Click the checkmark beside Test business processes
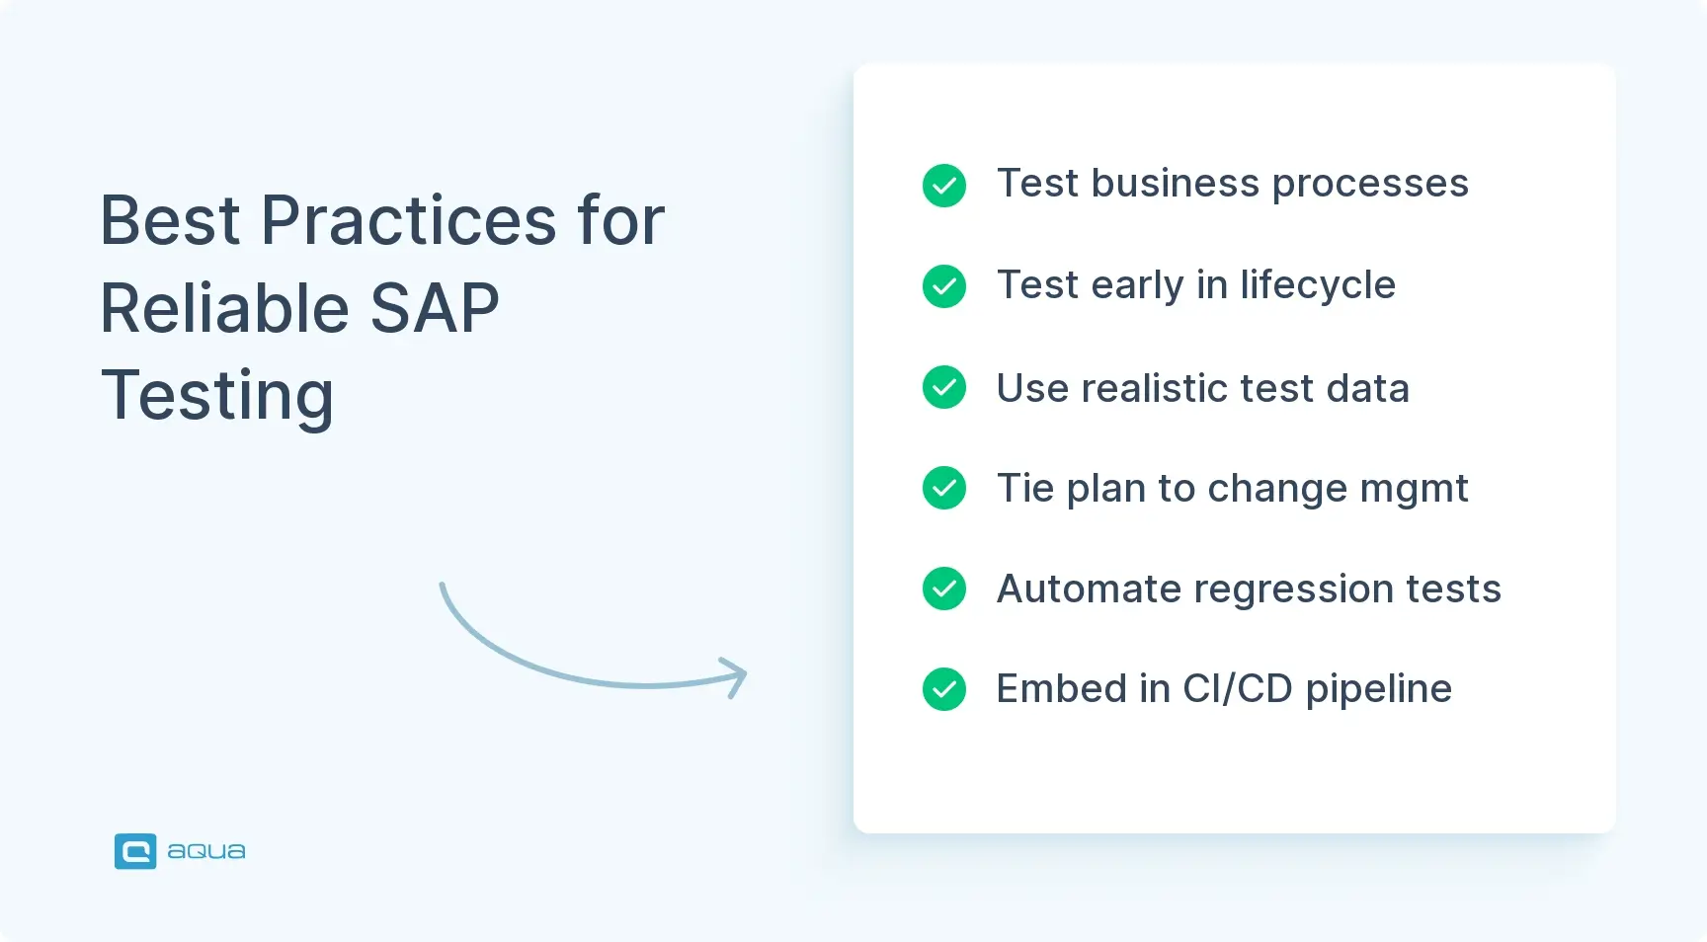944,185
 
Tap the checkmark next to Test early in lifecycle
944,286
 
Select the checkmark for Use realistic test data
944,387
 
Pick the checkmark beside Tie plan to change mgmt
944,488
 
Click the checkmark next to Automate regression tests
944,589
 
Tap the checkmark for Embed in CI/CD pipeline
944,689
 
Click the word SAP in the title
435,308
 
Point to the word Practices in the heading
408,220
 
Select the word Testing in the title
217,395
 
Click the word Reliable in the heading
224,308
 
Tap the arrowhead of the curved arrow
737,676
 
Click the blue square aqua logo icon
135,851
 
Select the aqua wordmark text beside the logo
206,851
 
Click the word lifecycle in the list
1318,285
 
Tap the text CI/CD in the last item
1238,689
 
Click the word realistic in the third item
1154,388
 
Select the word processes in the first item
1370,185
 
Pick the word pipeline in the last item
1378,689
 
